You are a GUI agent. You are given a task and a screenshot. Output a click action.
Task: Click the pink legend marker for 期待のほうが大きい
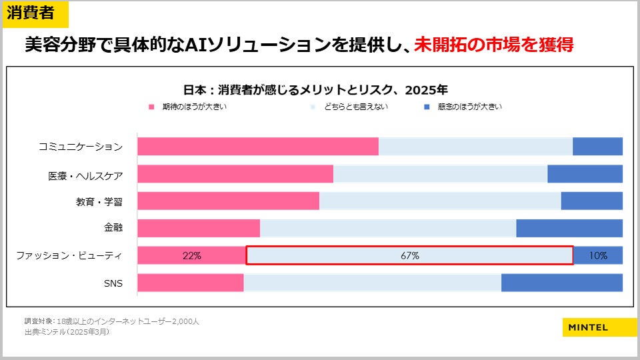click(x=151, y=107)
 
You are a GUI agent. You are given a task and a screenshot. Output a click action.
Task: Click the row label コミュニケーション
click(x=80, y=147)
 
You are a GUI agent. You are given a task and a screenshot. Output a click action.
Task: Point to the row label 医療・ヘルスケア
click(x=85, y=175)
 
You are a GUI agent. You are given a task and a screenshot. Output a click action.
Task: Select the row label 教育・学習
click(x=99, y=201)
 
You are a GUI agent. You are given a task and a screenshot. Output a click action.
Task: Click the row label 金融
click(x=113, y=228)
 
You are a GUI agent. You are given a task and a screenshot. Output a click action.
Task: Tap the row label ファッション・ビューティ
click(x=69, y=255)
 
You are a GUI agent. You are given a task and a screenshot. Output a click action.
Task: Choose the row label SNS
click(x=113, y=283)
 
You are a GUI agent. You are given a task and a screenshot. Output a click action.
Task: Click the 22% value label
click(x=191, y=255)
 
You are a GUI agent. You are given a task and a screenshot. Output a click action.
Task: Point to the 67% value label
click(x=409, y=255)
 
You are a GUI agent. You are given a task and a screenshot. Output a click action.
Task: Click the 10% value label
click(x=598, y=255)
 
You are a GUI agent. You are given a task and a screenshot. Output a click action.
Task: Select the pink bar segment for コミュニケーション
click(x=258, y=147)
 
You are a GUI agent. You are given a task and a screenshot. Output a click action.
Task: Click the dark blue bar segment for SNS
click(x=561, y=283)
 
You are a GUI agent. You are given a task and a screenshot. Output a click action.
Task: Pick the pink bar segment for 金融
click(x=199, y=228)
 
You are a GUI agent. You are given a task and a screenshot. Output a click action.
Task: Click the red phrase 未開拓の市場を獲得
click(x=494, y=45)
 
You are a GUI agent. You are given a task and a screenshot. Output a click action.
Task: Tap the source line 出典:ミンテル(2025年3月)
click(x=67, y=331)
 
